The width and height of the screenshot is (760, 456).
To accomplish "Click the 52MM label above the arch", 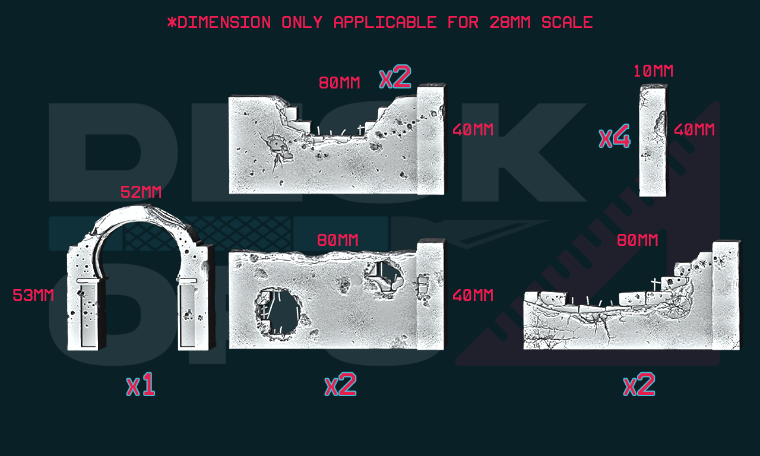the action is coord(141,192).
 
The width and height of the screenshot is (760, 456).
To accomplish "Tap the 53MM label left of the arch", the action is coord(33,295).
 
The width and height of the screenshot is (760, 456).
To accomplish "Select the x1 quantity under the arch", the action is coord(141,384).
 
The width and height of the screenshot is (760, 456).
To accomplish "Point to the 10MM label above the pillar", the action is coord(654,71).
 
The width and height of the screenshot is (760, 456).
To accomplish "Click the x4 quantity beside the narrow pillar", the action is coord(615,136).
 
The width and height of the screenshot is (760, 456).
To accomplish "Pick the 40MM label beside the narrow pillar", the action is coord(694,129).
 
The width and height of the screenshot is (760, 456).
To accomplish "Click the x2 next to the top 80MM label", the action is coord(395,77).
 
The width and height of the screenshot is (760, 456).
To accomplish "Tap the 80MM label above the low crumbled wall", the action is coord(637,240).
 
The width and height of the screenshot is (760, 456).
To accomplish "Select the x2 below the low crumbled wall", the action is coord(639,384).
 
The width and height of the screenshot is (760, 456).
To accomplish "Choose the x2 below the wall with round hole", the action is coord(340,384).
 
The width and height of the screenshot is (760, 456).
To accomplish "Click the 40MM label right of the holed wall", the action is coord(473,296).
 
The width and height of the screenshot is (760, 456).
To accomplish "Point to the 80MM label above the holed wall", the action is coord(338,240).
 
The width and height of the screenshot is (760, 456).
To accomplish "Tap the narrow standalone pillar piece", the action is coord(653,140).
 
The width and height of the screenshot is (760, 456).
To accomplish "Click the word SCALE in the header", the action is coord(567,23).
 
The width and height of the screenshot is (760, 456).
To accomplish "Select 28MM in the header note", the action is coord(510,23).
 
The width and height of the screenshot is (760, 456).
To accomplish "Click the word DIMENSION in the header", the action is coord(224,23).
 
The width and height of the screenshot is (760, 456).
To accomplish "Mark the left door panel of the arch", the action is coord(88,315).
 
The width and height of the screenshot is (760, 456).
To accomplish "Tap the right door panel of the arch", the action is coord(187,315).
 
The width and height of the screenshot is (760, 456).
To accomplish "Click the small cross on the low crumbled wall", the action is coord(655,284).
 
